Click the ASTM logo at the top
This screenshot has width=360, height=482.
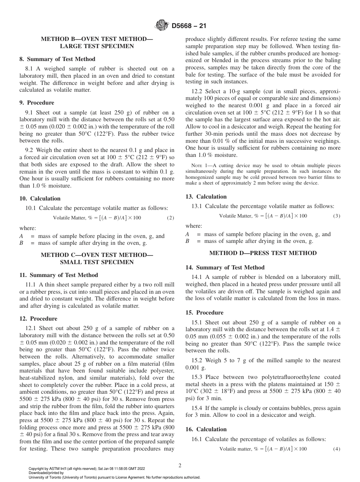161,26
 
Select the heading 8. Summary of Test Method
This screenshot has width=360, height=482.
57,59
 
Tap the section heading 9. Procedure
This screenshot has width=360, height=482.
37,103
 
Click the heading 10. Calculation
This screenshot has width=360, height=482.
40,199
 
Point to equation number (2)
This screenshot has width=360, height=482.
171,218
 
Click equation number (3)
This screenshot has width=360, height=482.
337,216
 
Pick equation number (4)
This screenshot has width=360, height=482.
337,449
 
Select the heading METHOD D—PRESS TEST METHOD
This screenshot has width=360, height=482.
263,253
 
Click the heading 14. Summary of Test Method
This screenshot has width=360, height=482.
230,268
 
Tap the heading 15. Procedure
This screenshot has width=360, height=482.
204,313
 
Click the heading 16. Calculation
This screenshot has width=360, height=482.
206,429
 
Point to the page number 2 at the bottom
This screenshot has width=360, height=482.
180,466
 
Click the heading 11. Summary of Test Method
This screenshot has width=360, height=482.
58,275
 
